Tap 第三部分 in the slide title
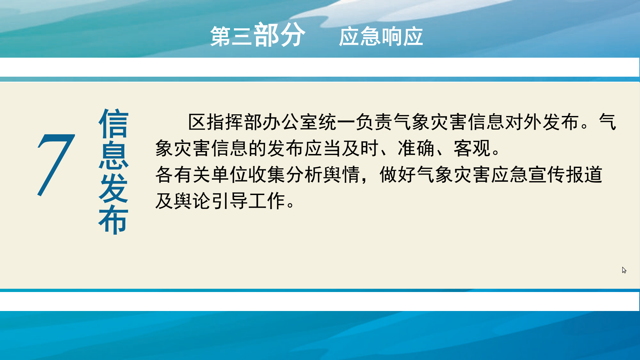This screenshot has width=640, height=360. tap(258, 35)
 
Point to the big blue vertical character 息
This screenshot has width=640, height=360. tap(114, 156)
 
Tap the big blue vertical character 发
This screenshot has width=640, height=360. tap(114, 188)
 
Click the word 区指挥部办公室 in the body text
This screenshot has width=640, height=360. tap(253, 122)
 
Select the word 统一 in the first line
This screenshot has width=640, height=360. tap(337, 122)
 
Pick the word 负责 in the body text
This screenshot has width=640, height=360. tap(375, 122)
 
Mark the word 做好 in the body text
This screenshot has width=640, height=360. tap(398, 175)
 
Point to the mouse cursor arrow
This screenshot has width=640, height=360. tap(624, 270)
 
